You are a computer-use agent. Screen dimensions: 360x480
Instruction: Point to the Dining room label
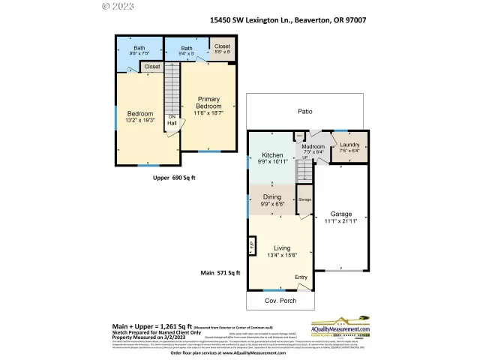[x=271, y=199]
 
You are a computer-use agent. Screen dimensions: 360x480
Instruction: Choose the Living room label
[x=282, y=251]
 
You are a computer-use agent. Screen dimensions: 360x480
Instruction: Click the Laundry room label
[x=349, y=147]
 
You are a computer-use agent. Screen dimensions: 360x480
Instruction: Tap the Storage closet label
[x=304, y=199]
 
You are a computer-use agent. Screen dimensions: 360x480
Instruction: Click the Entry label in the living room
[x=301, y=277]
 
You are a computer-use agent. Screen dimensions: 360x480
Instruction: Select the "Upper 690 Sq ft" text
[x=173, y=178]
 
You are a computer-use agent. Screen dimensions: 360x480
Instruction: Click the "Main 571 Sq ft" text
[x=219, y=273]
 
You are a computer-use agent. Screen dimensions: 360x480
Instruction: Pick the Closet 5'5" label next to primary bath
[x=222, y=49]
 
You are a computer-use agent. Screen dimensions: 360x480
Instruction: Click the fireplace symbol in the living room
[x=252, y=247]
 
